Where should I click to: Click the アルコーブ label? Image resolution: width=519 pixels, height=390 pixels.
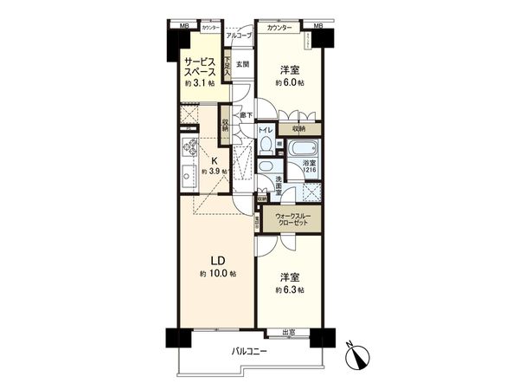tap(238, 36)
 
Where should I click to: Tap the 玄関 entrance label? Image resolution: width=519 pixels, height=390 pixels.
tap(242, 64)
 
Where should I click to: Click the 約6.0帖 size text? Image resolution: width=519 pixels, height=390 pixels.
tap(290, 83)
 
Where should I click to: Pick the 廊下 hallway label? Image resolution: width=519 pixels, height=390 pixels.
tap(246, 115)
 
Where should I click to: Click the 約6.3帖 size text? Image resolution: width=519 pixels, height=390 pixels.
tap(289, 289)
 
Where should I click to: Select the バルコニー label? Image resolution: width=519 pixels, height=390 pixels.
tap(249, 351)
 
